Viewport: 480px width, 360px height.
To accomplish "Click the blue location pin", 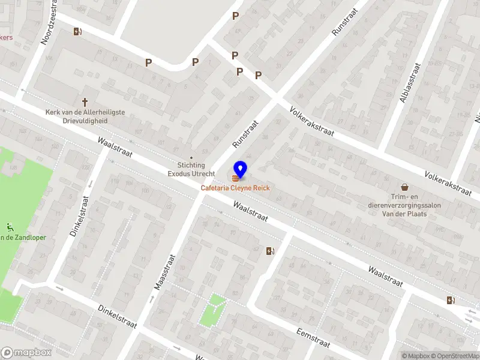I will point(240,169).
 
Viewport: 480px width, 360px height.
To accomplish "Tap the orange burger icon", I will point(234,178).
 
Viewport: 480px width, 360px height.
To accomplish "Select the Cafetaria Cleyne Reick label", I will point(235,188).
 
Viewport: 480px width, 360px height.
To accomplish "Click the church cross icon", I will point(85,103).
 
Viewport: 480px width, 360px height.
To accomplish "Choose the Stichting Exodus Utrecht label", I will point(191,169).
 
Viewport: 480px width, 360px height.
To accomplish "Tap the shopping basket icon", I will point(405,188).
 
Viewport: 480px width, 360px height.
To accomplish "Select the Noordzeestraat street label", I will point(48,23).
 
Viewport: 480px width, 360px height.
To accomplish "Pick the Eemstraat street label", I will point(313,337).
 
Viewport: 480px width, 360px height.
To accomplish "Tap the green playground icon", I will point(10,227).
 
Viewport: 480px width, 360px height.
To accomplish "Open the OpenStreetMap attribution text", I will point(456,356).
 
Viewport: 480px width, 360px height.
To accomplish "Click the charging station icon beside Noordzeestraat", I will point(77,32).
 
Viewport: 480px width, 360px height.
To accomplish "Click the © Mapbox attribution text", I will point(416,356).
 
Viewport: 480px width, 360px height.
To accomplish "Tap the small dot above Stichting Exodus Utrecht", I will point(191,158).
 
